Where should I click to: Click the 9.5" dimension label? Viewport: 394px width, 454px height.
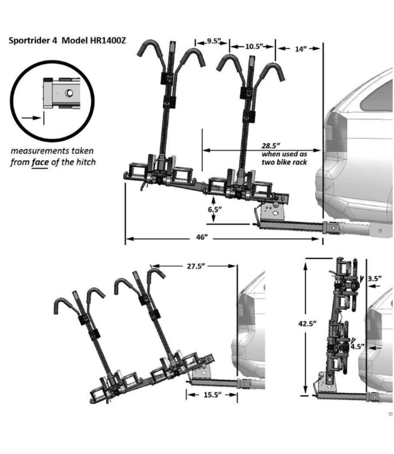(x=213, y=41)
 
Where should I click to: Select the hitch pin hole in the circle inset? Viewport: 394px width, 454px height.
(x=67, y=93)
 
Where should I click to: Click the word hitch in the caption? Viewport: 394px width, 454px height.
(x=85, y=162)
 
